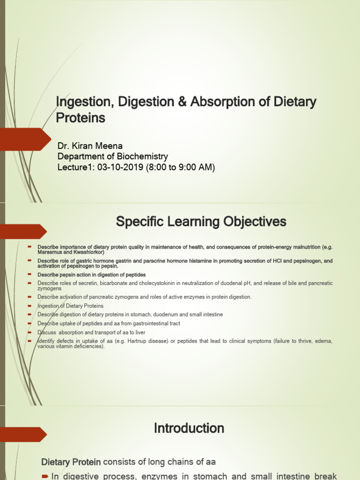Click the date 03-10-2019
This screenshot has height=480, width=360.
[115, 167]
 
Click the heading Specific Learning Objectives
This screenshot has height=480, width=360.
[201, 222]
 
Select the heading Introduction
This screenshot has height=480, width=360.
[189, 428]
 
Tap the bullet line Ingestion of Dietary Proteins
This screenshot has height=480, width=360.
[70, 306]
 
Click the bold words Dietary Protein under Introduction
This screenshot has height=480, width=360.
[71, 462]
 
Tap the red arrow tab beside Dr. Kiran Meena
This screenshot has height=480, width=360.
[25, 139]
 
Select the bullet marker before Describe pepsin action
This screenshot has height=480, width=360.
[29, 274]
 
